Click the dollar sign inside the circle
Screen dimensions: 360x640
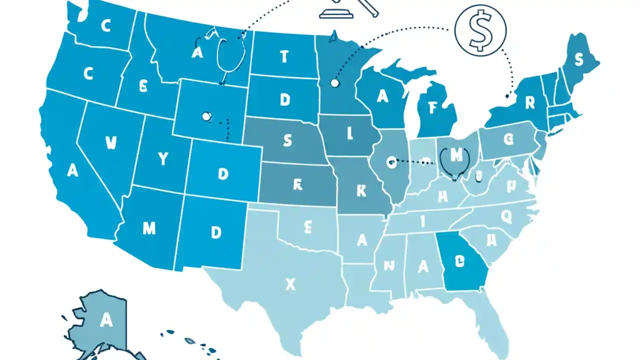480,31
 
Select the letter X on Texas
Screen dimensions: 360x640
290,284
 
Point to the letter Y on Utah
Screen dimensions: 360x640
163,159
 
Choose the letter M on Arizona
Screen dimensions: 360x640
149,228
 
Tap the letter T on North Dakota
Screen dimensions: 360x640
284,57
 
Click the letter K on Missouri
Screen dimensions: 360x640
361,190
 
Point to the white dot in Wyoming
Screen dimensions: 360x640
205,116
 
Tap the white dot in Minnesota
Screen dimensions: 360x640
334,83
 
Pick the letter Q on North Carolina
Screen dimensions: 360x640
506,216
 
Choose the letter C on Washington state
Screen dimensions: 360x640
105,26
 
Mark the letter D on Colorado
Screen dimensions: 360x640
223,173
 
